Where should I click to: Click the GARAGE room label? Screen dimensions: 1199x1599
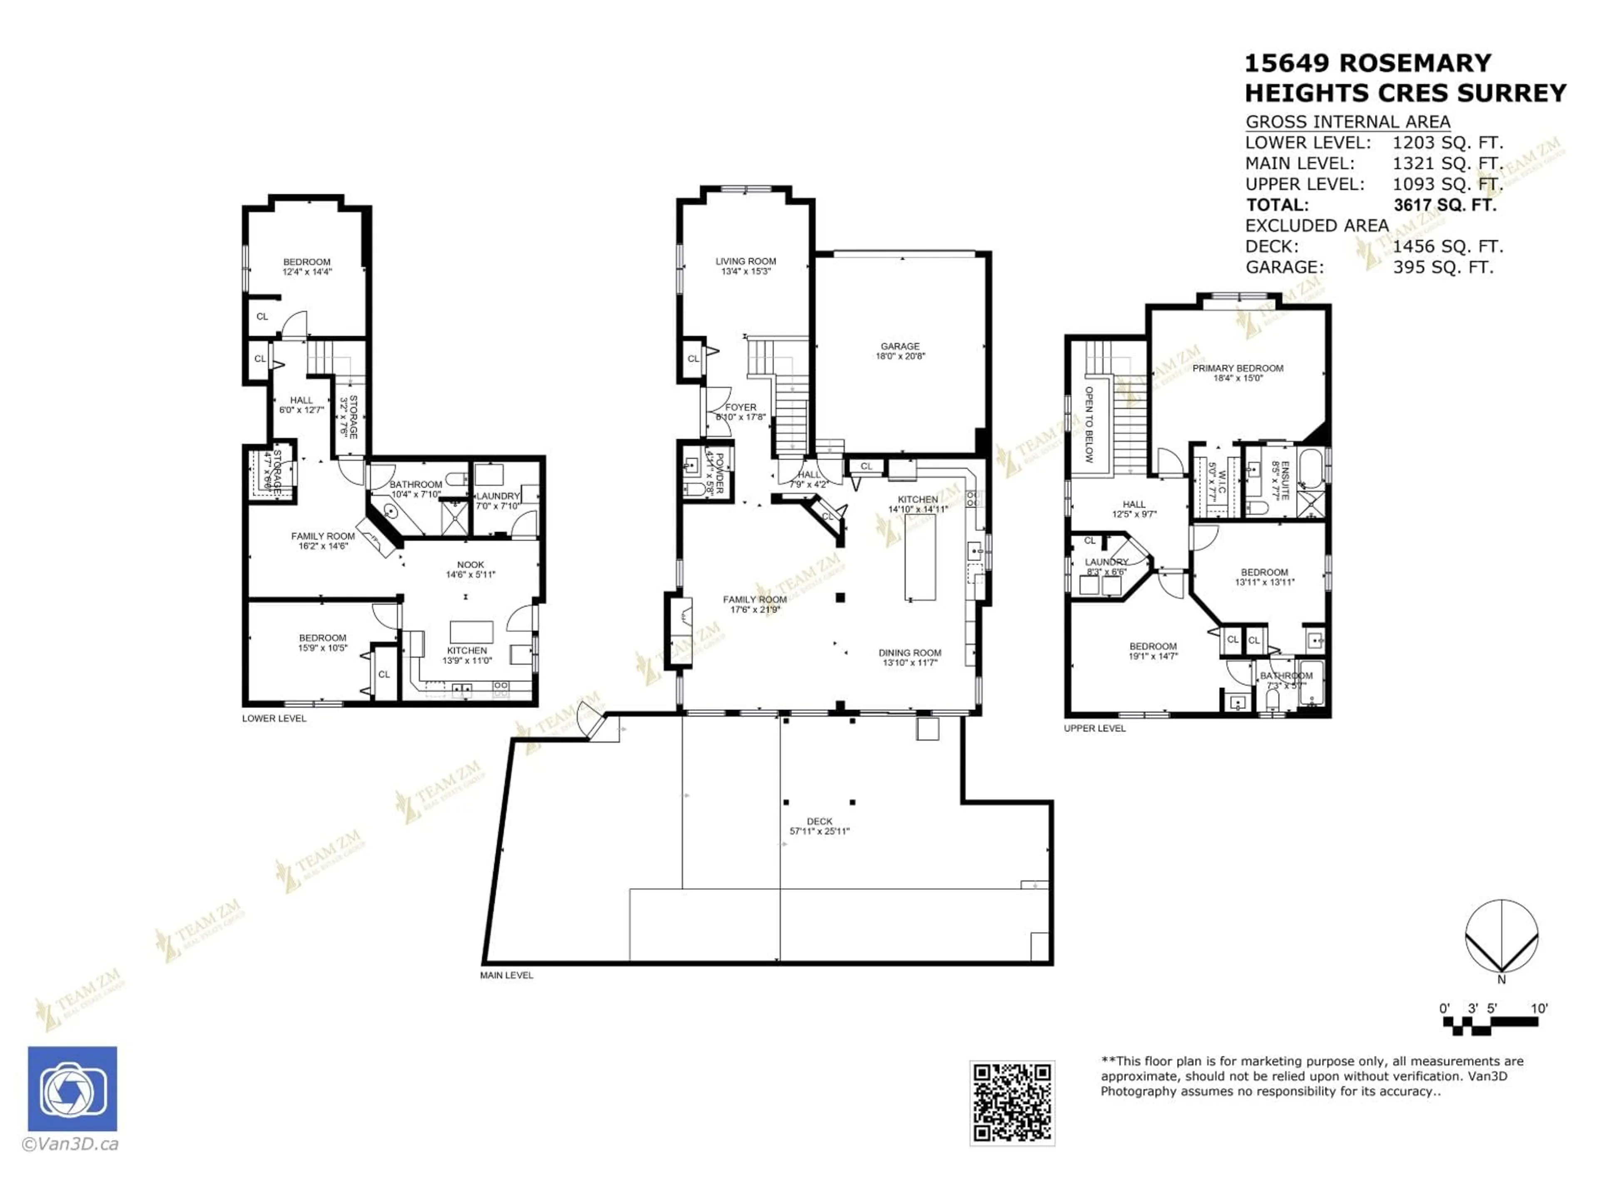pos(900,351)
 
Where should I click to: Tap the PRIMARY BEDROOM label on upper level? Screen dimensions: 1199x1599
pos(1238,372)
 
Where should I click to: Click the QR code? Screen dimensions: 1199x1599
pos(1011,1103)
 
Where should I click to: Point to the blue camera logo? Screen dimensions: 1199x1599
pos(72,1088)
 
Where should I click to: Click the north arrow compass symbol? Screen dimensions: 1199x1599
pos(1502,938)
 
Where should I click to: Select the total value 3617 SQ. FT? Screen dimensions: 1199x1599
pos(1444,204)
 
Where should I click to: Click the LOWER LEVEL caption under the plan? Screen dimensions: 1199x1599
pos(274,719)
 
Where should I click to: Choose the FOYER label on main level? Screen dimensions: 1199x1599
pos(740,411)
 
